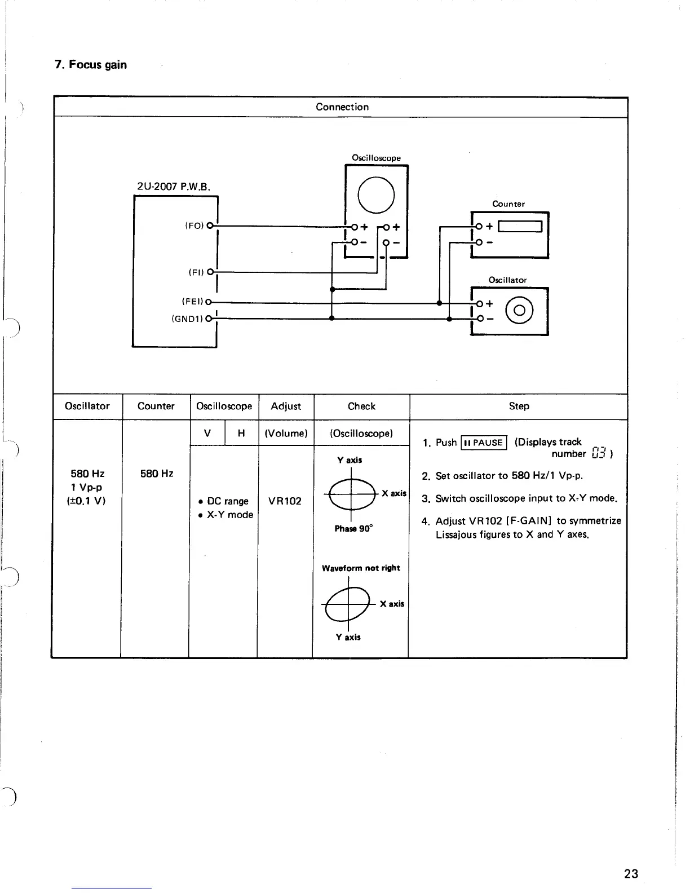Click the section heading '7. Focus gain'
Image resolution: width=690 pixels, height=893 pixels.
click(91, 65)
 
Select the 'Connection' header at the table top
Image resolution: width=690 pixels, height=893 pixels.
click(342, 107)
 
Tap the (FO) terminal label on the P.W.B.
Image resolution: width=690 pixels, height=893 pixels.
click(194, 226)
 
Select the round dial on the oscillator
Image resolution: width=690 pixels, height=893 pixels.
click(519, 311)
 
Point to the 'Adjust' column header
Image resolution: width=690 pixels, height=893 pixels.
click(286, 406)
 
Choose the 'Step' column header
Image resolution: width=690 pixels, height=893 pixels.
click(519, 406)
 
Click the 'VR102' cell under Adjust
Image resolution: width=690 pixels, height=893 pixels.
click(285, 501)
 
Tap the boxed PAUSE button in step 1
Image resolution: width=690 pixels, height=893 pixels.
click(484, 443)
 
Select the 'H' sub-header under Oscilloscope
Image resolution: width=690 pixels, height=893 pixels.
click(241, 434)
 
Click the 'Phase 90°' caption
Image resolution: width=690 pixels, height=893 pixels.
click(353, 529)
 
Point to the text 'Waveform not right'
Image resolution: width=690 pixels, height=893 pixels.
click(361, 568)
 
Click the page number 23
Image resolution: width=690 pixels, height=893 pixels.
click(631, 873)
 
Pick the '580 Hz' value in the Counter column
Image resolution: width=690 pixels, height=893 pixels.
click(156, 474)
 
